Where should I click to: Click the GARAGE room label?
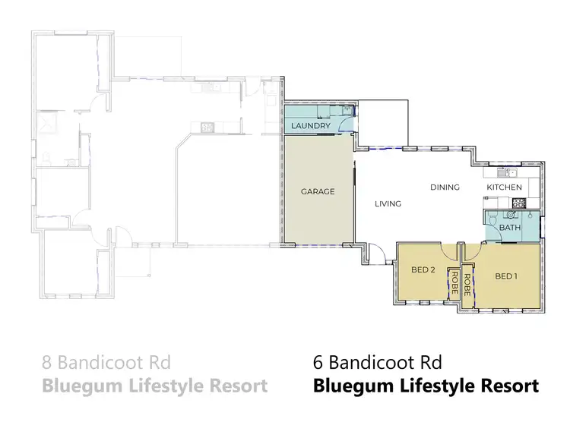coord(318,191)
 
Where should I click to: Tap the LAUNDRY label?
coord(310,126)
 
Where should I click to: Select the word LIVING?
coord(388,203)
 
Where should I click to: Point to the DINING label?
coord(445,187)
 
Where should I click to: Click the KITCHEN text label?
coord(504,187)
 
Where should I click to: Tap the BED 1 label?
coord(506,276)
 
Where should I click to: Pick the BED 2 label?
coord(423,269)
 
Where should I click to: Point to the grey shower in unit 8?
coord(48,121)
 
